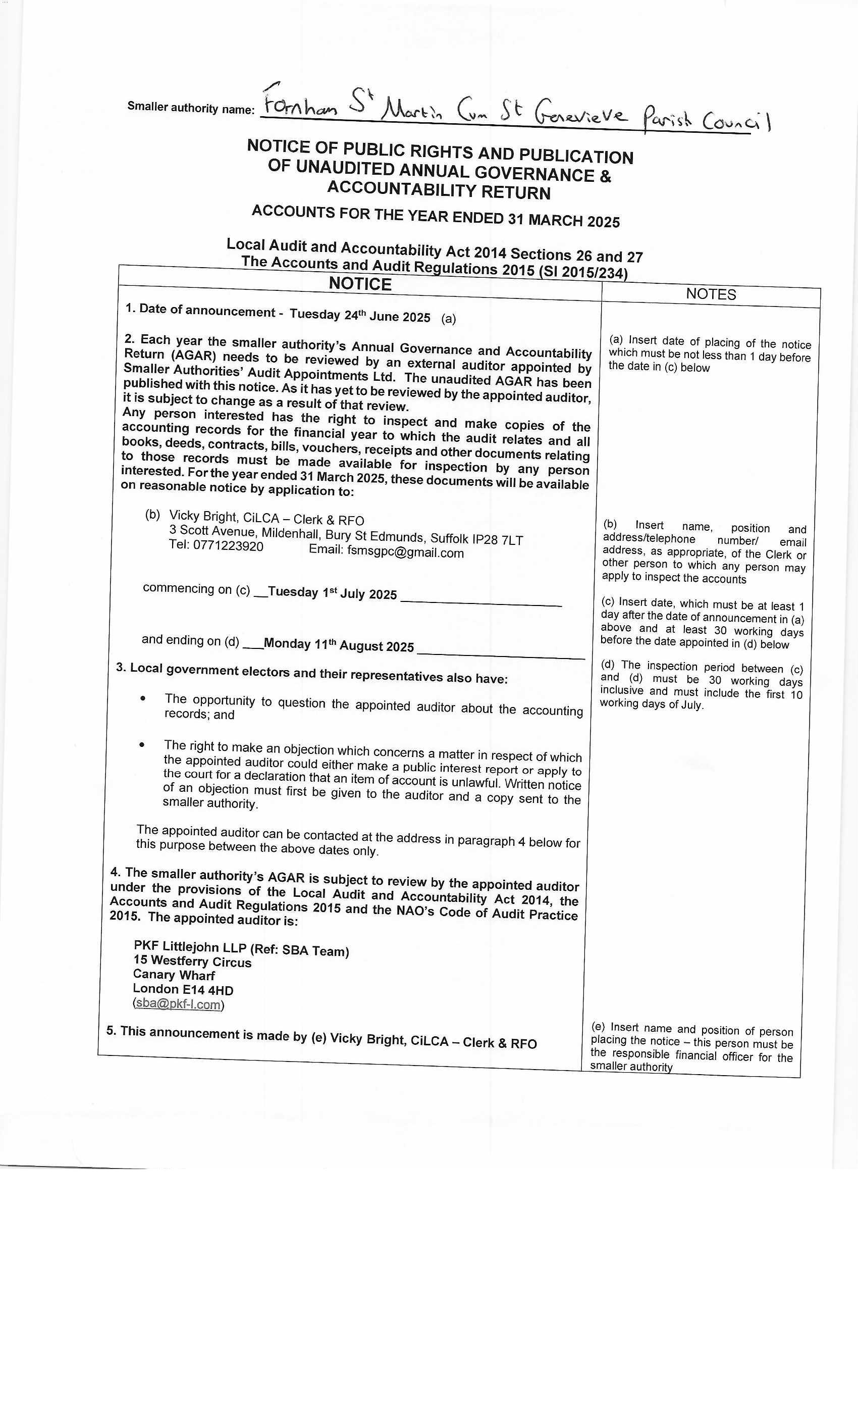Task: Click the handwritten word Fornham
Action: [x=299, y=105]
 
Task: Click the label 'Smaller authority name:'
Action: [x=190, y=108]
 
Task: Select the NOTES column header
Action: [x=711, y=294]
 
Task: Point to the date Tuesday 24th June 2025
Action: [x=359, y=316]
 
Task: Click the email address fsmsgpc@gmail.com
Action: [x=405, y=552]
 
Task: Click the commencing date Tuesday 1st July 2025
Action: [x=332, y=593]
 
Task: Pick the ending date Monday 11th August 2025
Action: [x=338, y=645]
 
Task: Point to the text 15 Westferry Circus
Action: [x=192, y=961]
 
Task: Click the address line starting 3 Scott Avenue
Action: [x=345, y=535]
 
